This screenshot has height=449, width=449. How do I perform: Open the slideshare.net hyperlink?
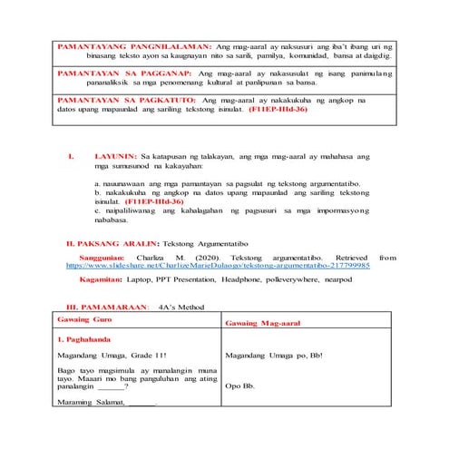(x=218, y=267)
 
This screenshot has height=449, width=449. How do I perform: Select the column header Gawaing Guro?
(x=85, y=321)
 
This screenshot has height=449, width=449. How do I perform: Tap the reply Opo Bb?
(x=239, y=386)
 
